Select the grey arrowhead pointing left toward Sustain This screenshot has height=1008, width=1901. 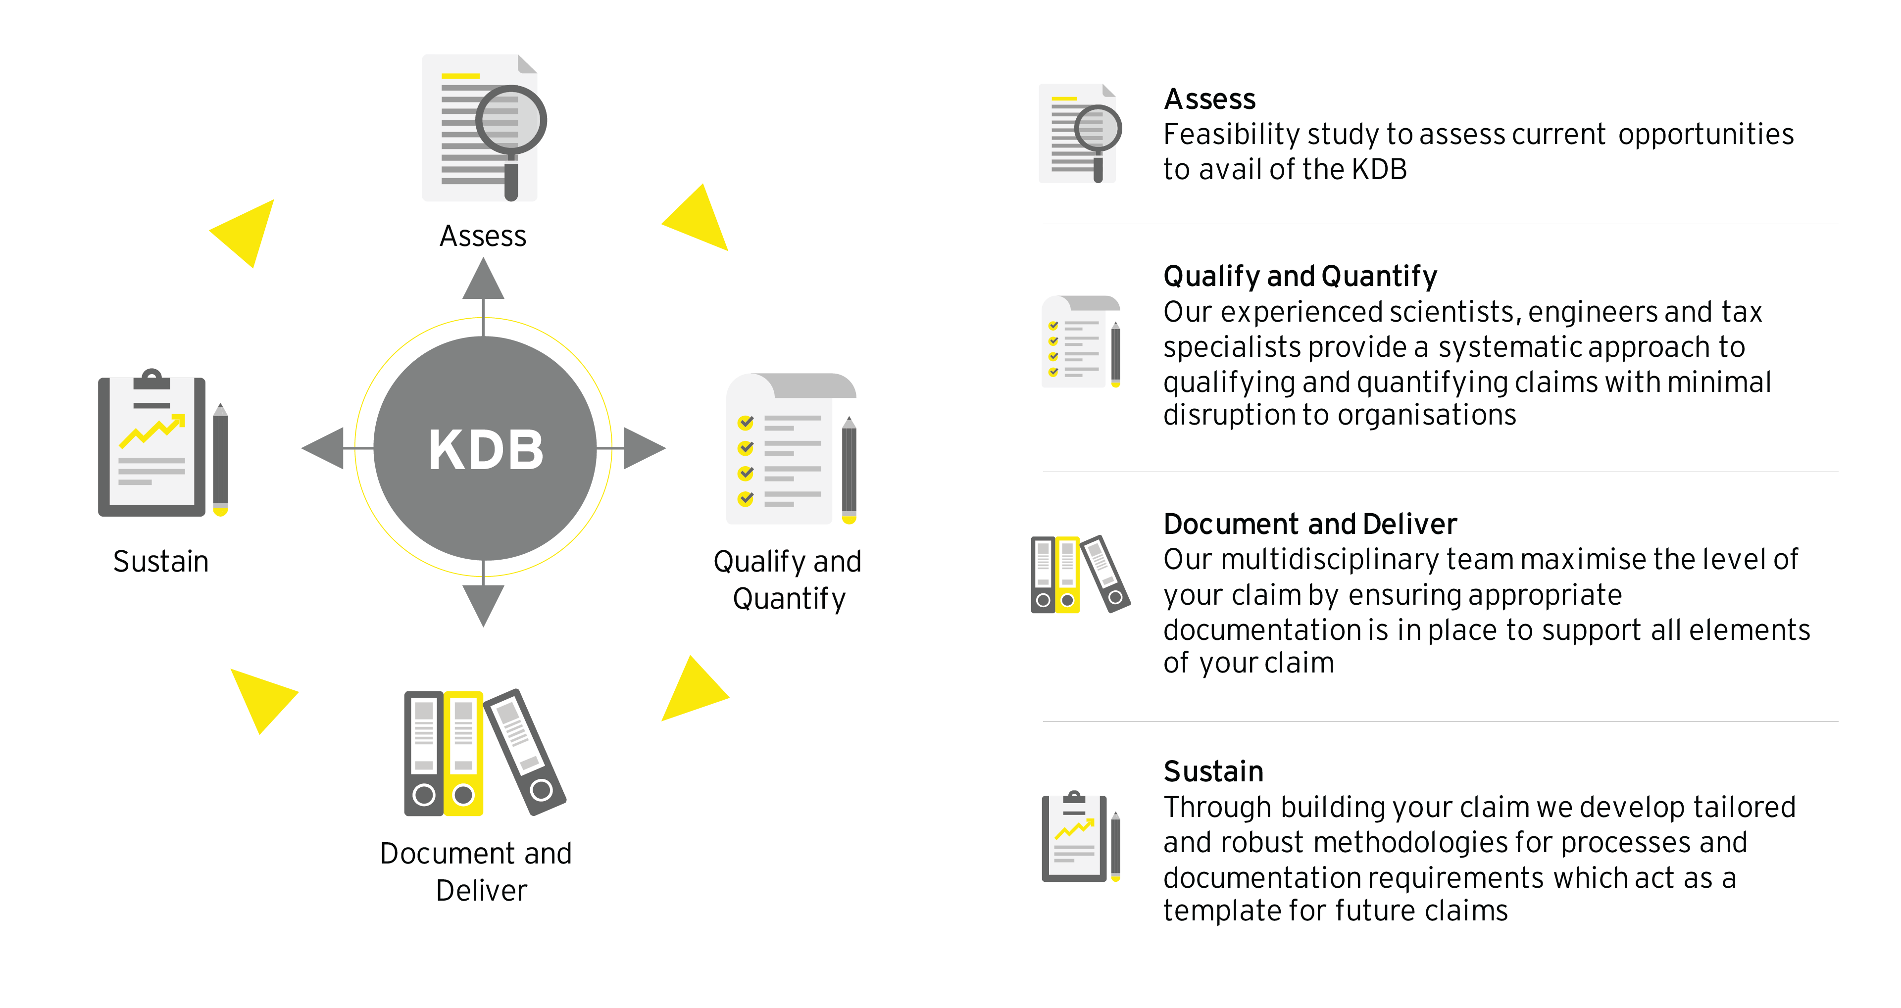tap(325, 448)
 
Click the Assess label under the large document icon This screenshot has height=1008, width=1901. tap(483, 236)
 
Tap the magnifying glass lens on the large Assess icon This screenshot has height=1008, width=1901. tap(511, 120)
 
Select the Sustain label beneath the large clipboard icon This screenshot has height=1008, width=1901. tap(161, 562)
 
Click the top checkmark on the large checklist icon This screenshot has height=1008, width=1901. tap(746, 422)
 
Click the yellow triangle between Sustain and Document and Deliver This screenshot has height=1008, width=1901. tap(260, 697)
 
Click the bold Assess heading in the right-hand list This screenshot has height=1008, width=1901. tap(1209, 99)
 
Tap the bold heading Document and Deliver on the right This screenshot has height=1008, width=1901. tap(1310, 524)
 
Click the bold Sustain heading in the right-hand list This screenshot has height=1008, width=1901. tap(1213, 771)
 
